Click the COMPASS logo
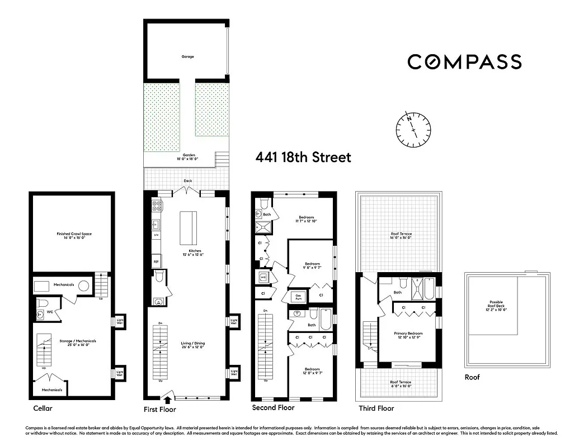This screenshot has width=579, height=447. point(464,61)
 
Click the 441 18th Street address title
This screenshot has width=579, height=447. point(303,158)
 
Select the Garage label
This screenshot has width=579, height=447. point(187,56)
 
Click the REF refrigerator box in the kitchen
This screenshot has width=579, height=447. point(156,261)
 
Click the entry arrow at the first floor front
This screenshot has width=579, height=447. point(167,399)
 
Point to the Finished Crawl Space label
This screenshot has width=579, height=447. point(70,236)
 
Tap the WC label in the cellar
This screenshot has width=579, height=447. point(50,312)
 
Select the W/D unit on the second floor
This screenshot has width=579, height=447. point(262,277)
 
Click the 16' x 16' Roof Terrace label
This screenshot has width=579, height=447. point(401,236)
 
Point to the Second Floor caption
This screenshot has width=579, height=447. point(273,408)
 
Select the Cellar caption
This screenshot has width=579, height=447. point(43,408)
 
